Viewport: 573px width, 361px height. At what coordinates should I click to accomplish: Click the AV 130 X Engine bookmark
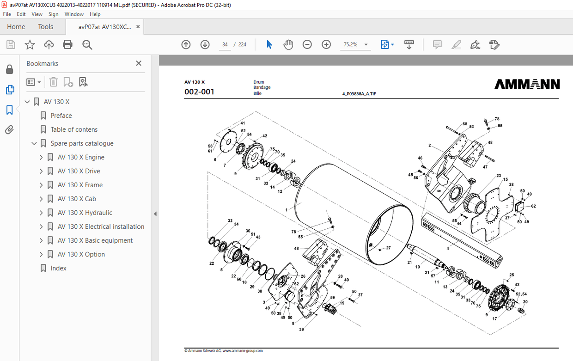[x=81, y=157]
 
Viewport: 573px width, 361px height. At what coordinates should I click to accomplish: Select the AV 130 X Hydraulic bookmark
[x=85, y=213]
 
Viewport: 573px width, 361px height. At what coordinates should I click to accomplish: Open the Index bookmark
[x=58, y=268]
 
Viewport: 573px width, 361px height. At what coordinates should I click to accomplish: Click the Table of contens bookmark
[x=74, y=129]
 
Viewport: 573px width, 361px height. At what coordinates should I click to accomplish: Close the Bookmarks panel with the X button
[x=139, y=63]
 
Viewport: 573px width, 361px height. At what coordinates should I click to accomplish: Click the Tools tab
[x=45, y=26]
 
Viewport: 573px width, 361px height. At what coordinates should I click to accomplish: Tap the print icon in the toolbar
[x=68, y=44]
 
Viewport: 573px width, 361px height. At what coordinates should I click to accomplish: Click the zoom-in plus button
[x=326, y=44]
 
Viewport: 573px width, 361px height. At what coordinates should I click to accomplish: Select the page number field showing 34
[x=225, y=44]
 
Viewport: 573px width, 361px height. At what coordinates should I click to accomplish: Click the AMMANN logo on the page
[x=527, y=84]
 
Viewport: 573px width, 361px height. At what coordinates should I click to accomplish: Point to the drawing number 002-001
[x=199, y=92]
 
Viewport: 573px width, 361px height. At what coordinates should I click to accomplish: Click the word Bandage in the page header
[x=262, y=87]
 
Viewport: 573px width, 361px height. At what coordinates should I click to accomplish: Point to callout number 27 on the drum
[x=388, y=248]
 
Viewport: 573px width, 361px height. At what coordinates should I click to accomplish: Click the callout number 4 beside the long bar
[x=447, y=249]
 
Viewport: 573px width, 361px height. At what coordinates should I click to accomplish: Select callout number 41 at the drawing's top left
[x=243, y=123]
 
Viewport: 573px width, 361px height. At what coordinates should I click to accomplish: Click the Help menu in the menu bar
[x=95, y=14]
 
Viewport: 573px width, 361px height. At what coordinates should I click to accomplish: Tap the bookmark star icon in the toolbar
[x=30, y=44]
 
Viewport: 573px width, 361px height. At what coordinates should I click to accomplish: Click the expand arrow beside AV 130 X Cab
[x=41, y=199]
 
